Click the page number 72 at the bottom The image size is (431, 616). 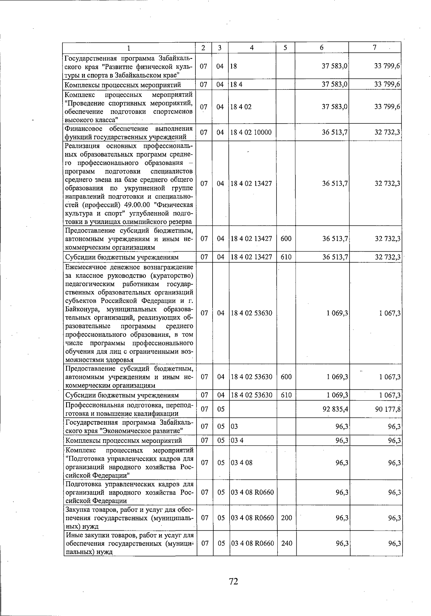(x=233, y=581)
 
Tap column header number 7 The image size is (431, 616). (x=374, y=48)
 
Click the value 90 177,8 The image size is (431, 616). (x=388, y=409)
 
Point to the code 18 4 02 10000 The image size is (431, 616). (x=251, y=132)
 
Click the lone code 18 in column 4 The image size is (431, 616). (x=234, y=66)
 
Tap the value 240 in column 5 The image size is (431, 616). (x=287, y=543)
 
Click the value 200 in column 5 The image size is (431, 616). (x=286, y=518)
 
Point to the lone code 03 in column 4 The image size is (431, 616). (x=234, y=426)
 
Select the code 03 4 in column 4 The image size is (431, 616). (x=237, y=440)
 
